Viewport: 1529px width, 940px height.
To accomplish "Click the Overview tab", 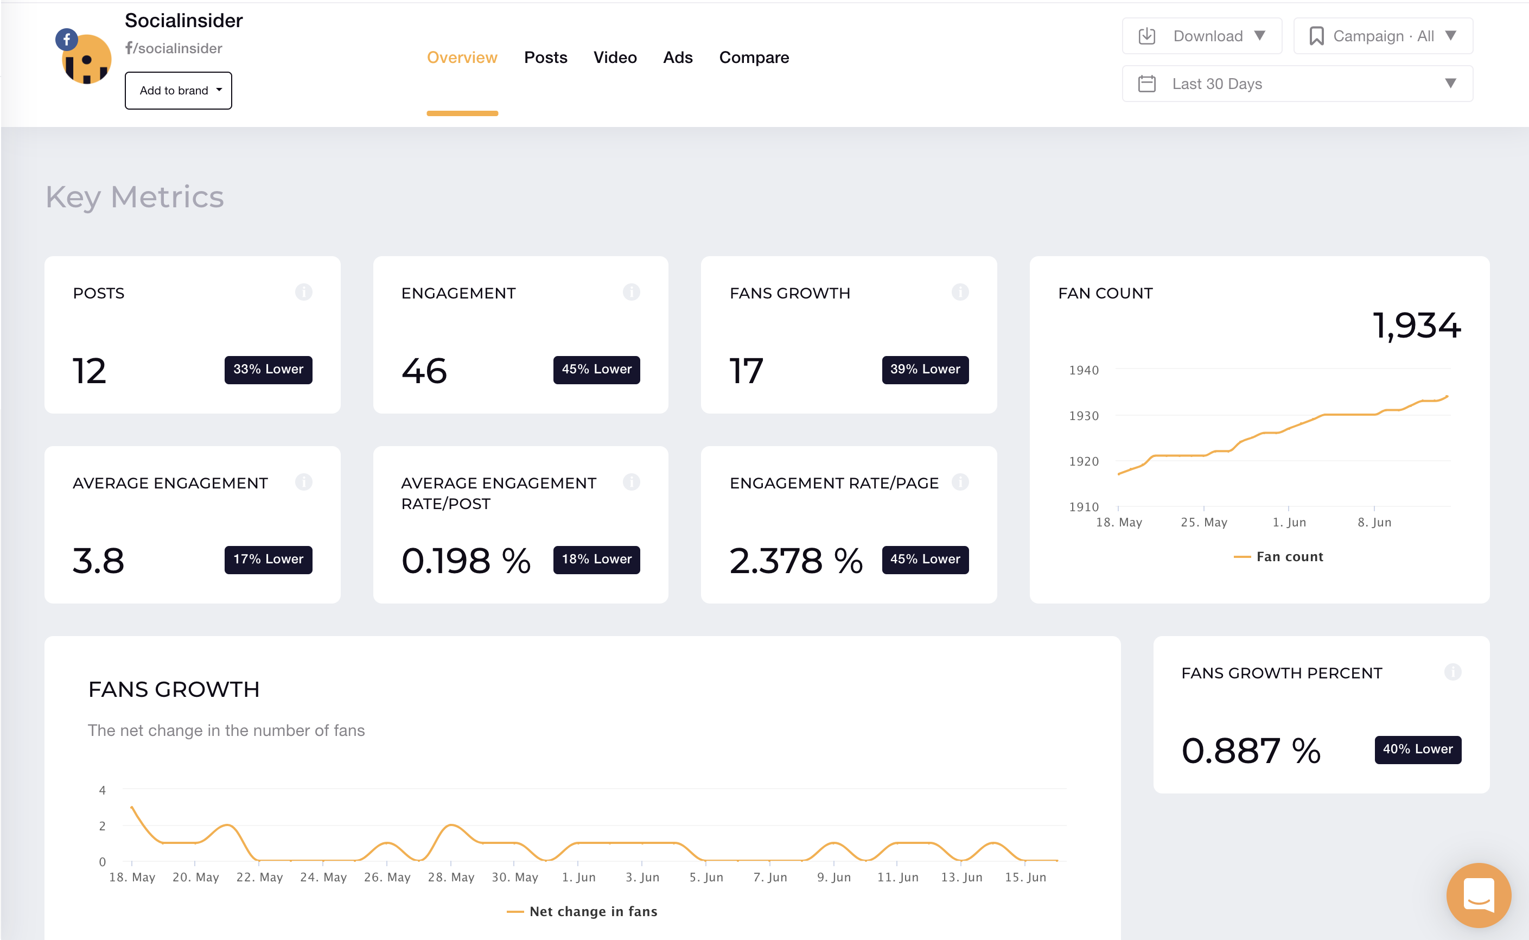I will click(462, 58).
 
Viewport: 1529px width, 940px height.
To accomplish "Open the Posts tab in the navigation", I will click(545, 58).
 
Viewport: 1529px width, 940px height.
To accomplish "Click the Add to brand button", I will click(179, 91).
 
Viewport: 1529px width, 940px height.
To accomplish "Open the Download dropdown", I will click(1201, 36).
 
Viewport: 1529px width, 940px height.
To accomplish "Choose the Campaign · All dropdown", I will click(1383, 36).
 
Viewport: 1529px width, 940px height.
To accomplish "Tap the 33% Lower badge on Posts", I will click(268, 369).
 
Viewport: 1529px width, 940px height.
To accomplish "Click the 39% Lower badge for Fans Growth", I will click(924, 369).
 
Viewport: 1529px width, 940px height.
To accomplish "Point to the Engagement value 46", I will click(424, 371).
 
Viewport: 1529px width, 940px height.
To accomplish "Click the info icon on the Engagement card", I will click(631, 292).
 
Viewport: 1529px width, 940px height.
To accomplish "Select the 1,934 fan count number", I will click(1416, 325).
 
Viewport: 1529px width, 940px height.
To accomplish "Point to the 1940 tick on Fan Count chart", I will click(1084, 371).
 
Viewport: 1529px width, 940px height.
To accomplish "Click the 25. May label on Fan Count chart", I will click(1203, 522).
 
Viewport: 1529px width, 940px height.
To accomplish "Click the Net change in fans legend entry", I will click(582, 911).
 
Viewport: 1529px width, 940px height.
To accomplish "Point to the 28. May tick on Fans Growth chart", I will click(451, 877).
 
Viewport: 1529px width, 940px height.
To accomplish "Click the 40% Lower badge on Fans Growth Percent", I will click(1417, 749).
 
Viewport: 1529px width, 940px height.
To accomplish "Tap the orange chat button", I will click(1478, 894).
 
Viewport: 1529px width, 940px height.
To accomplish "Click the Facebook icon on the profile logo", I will click(67, 40).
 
